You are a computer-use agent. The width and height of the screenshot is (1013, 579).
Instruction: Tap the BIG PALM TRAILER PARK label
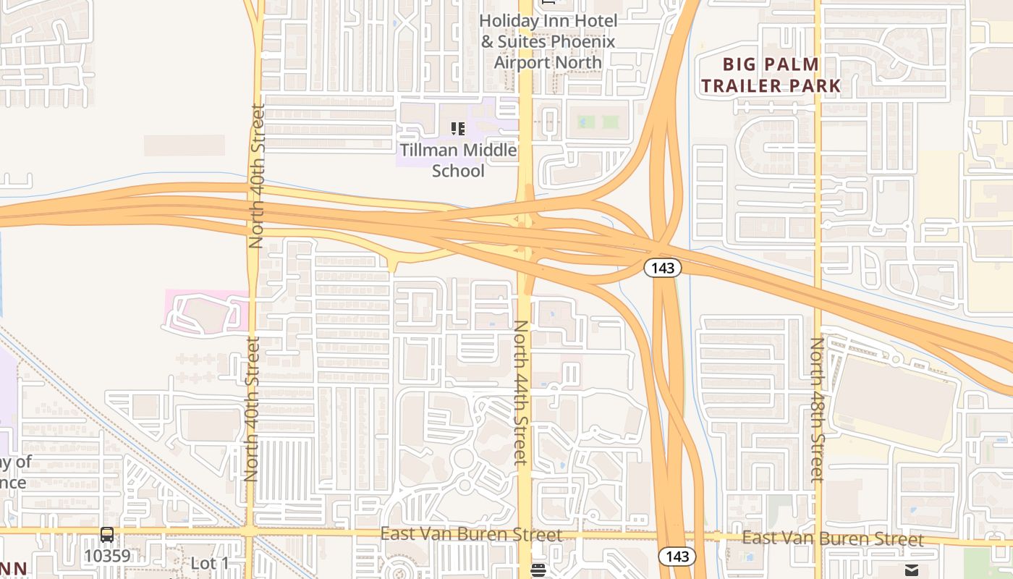(771, 75)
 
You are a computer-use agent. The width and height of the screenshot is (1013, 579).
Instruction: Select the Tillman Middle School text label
(459, 160)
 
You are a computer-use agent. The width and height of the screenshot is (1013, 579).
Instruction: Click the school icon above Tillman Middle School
(457, 129)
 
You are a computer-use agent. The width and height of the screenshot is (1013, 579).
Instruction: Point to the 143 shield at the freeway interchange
(662, 268)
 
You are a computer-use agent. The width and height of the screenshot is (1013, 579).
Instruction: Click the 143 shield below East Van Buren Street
(677, 557)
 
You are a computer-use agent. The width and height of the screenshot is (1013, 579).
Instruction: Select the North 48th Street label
(816, 410)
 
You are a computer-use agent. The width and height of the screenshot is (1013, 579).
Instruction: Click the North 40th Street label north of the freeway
(257, 176)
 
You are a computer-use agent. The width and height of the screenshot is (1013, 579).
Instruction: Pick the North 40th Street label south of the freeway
(251, 409)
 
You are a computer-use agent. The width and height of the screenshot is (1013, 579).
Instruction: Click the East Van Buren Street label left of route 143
(471, 535)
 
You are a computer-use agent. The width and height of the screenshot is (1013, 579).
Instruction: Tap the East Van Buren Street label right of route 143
(832, 538)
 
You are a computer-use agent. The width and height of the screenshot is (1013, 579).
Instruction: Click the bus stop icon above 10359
(107, 536)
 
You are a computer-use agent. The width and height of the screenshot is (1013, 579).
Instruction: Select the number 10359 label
(107, 556)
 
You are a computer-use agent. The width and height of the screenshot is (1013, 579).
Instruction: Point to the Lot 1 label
(209, 563)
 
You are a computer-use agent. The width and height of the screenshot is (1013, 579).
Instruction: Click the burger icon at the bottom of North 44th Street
(538, 570)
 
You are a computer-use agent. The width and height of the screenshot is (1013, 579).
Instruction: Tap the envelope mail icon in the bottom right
(911, 570)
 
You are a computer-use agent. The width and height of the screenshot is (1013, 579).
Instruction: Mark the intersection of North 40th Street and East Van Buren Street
(250, 531)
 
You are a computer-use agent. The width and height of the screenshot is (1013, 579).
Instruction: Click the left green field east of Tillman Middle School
(586, 122)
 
